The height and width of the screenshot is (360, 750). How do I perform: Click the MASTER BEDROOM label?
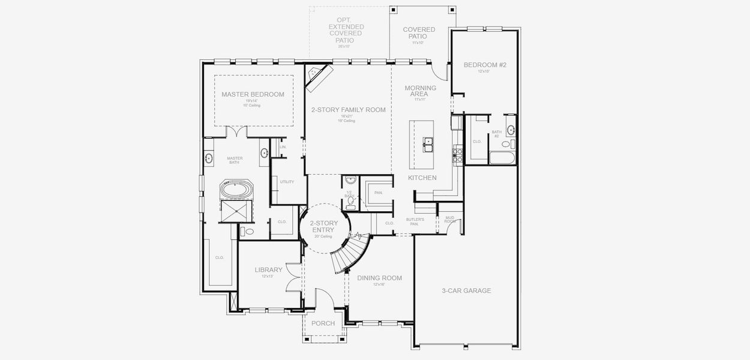(x=253, y=94)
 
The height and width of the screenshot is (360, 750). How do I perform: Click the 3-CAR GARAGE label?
(x=466, y=290)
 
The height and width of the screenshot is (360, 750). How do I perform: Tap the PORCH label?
(x=323, y=323)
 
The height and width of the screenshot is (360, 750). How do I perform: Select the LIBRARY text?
(x=268, y=270)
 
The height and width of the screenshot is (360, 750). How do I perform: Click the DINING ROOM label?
(x=379, y=278)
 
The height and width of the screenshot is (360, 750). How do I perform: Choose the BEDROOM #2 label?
(x=485, y=65)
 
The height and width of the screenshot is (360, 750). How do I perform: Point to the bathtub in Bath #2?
(x=502, y=158)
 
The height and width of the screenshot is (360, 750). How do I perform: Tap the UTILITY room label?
(x=286, y=181)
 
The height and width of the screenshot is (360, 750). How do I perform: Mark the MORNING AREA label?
(x=420, y=91)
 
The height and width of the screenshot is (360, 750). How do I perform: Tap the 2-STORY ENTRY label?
(x=324, y=226)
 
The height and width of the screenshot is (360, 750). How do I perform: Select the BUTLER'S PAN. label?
(x=415, y=221)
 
